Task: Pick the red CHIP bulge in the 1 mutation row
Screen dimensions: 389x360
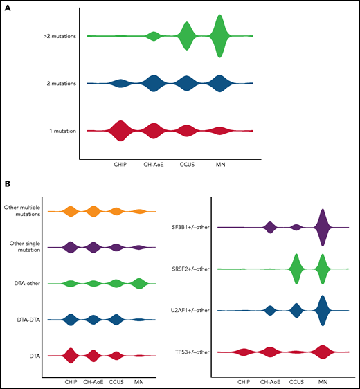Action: [x=120, y=130]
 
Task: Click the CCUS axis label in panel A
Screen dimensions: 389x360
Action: [x=186, y=165]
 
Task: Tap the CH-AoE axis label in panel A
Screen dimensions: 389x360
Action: [x=154, y=165]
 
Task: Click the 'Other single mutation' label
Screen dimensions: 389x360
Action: [x=22, y=246]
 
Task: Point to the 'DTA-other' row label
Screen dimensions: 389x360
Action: [x=26, y=283]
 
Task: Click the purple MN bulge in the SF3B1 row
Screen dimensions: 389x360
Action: [x=321, y=227]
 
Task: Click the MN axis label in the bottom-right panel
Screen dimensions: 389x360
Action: [x=322, y=381]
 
